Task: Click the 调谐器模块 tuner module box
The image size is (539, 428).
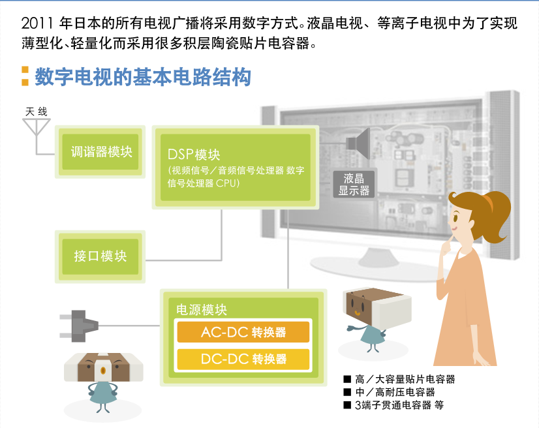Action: click(100, 151)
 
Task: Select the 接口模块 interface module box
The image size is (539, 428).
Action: click(100, 256)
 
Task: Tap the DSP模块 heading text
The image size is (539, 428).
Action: click(194, 155)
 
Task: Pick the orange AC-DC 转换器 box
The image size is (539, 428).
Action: click(243, 332)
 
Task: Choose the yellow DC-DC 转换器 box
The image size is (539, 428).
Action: click(243, 359)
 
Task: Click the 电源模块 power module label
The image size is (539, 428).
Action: click(202, 310)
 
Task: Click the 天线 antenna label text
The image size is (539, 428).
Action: click(36, 112)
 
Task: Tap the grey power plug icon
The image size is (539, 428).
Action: click(79, 326)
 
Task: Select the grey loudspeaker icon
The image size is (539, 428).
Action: click(358, 143)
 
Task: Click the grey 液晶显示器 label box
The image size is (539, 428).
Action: click(354, 184)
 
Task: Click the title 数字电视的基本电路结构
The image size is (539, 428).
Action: click(143, 77)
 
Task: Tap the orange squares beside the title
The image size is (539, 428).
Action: click(25, 76)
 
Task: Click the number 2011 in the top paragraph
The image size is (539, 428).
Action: click(37, 23)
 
